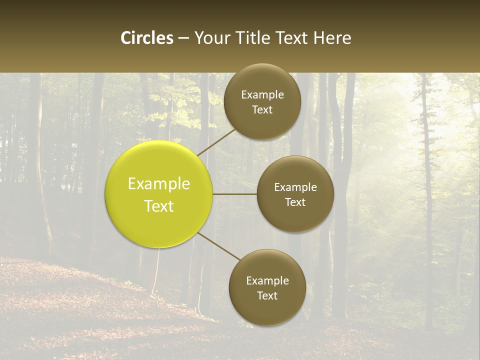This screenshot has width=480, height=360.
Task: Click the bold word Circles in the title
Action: tap(147, 38)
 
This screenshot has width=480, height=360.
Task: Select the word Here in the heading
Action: tap(332, 38)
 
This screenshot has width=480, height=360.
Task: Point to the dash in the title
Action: tap(183, 38)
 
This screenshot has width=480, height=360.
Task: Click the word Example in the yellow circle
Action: tap(159, 184)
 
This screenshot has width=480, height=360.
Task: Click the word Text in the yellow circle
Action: tap(159, 206)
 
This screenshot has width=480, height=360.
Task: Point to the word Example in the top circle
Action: tap(262, 95)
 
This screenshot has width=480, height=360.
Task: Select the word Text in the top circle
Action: tap(262, 109)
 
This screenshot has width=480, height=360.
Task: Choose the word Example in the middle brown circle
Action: tap(295, 187)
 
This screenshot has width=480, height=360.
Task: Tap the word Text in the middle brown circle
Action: tap(295, 202)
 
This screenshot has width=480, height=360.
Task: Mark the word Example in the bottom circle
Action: tap(267, 281)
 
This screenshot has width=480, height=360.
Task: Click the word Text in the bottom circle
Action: tap(267, 295)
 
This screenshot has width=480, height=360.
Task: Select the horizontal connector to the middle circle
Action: tap(235, 194)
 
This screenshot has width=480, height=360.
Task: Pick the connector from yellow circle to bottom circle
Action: tap(219, 246)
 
